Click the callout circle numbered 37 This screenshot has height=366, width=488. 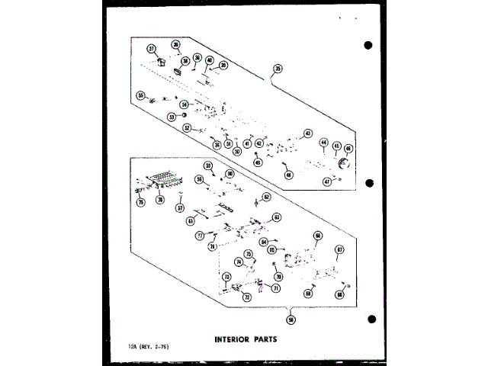click(151, 49)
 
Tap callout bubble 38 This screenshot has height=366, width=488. click(185, 60)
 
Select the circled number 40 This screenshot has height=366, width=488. click(210, 60)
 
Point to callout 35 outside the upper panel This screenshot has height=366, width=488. click(278, 69)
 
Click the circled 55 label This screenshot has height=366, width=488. click(140, 95)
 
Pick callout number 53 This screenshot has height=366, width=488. click(172, 117)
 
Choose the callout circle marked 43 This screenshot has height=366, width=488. click(308, 133)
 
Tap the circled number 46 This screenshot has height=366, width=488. click(348, 148)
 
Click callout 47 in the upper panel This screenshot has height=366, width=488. click(326, 181)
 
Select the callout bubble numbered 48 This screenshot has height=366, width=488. click(289, 175)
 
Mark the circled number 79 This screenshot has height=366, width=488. click(141, 202)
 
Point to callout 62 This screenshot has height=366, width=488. click(267, 197)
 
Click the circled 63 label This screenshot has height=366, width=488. click(277, 217)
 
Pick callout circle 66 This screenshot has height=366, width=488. click(318, 236)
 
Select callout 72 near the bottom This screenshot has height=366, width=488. click(247, 297)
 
